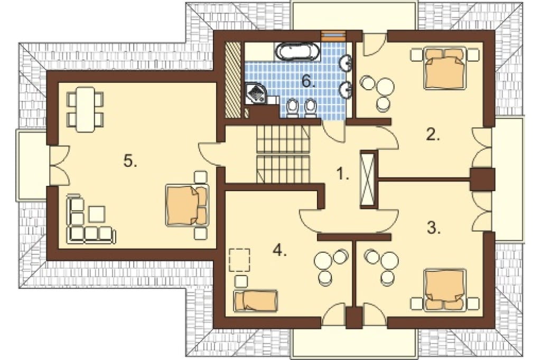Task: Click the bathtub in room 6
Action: [x=299, y=52]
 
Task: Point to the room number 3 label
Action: [x=434, y=228]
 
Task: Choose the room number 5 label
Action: [x=130, y=160]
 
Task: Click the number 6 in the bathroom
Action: [x=308, y=81]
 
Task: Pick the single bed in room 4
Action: [x=256, y=300]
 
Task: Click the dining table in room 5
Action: [x=85, y=109]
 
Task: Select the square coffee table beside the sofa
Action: [x=98, y=214]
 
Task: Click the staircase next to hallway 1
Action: [x=283, y=154]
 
